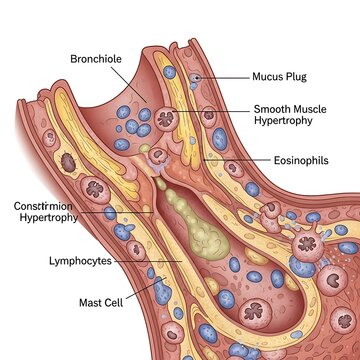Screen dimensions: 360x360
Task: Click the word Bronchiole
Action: click(95, 59)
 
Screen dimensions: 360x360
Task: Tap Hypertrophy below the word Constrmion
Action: click(48, 218)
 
